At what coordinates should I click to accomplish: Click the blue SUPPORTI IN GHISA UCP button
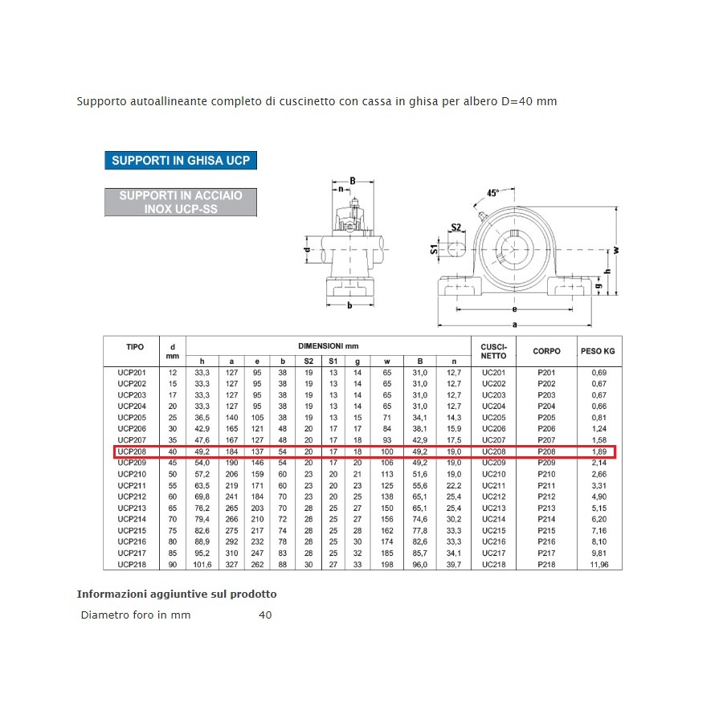(x=181, y=160)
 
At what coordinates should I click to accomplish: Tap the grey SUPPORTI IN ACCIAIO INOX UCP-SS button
(x=181, y=202)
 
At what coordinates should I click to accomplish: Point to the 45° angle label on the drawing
(x=493, y=193)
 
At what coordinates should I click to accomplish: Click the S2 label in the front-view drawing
(x=455, y=227)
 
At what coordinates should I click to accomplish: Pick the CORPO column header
(x=546, y=351)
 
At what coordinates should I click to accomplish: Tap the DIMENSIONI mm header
(x=328, y=345)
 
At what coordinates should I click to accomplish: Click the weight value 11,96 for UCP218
(x=599, y=565)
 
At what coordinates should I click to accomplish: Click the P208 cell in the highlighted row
(x=546, y=452)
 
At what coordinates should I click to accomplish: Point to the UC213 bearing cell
(x=493, y=509)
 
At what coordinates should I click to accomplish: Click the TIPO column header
(x=135, y=347)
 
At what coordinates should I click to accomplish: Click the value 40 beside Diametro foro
(x=265, y=615)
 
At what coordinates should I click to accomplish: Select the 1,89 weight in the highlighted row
(x=599, y=452)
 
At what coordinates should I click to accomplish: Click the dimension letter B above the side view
(x=352, y=181)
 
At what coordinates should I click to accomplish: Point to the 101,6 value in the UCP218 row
(x=202, y=565)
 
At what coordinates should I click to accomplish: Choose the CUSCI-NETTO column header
(x=493, y=351)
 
